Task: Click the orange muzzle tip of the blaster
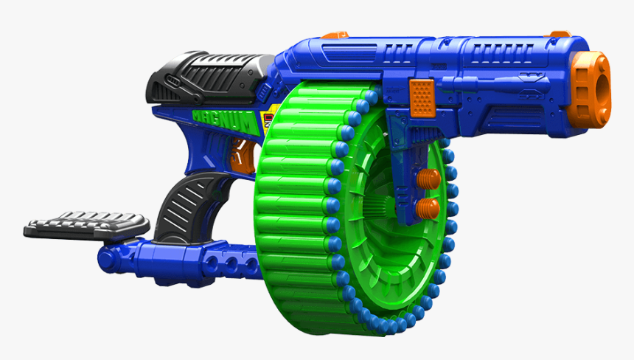pyautogui.click(x=594, y=89)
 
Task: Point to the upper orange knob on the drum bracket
pyautogui.click(x=427, y=179)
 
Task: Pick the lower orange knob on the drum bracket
pyautogui.click(x=427, y=208)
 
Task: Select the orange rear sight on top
pyautogui.click(x=335, y=35)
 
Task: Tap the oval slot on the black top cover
pyautogui.click(x=171, y=82)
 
